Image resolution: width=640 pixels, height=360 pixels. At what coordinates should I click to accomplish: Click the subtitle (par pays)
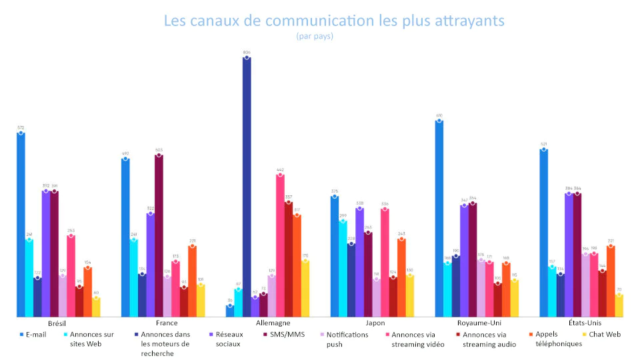click(315, 37)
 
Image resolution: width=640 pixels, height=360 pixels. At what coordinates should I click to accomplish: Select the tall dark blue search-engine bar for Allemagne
click(247, 187)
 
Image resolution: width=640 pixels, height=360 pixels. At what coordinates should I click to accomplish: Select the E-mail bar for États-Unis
click(543, 233)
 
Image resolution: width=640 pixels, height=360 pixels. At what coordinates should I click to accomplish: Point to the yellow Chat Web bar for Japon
click(410, 296)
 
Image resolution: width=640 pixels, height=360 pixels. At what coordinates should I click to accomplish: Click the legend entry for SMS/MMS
click(287, 334)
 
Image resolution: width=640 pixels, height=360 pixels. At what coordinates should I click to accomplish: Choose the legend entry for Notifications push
click(347, 339)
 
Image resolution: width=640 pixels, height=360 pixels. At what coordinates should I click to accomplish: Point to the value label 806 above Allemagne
click(247, 51)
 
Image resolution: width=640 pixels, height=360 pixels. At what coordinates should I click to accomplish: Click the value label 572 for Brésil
click(21, 127)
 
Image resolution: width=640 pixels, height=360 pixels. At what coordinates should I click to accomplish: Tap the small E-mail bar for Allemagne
click(230, 311)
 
